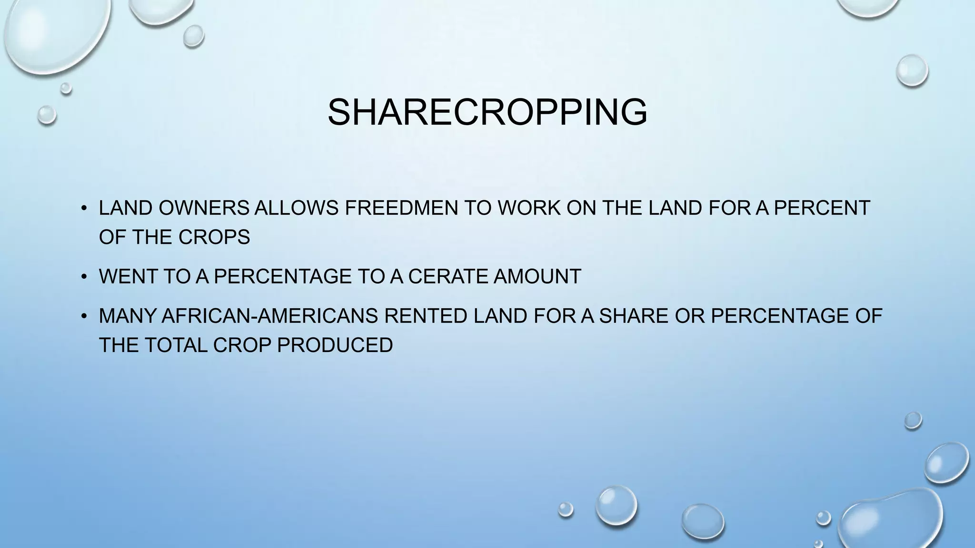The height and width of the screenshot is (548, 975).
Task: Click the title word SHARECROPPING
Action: point(487,112)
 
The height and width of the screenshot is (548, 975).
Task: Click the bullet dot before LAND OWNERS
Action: point(84,208)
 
